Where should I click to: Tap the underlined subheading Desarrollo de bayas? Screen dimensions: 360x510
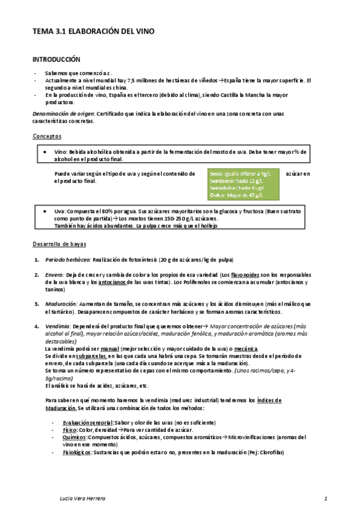click(x=59, y=244)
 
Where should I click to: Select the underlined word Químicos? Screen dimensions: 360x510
click(x=74, y=437)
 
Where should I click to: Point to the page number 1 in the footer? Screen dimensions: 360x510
click(x=325, y=499)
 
